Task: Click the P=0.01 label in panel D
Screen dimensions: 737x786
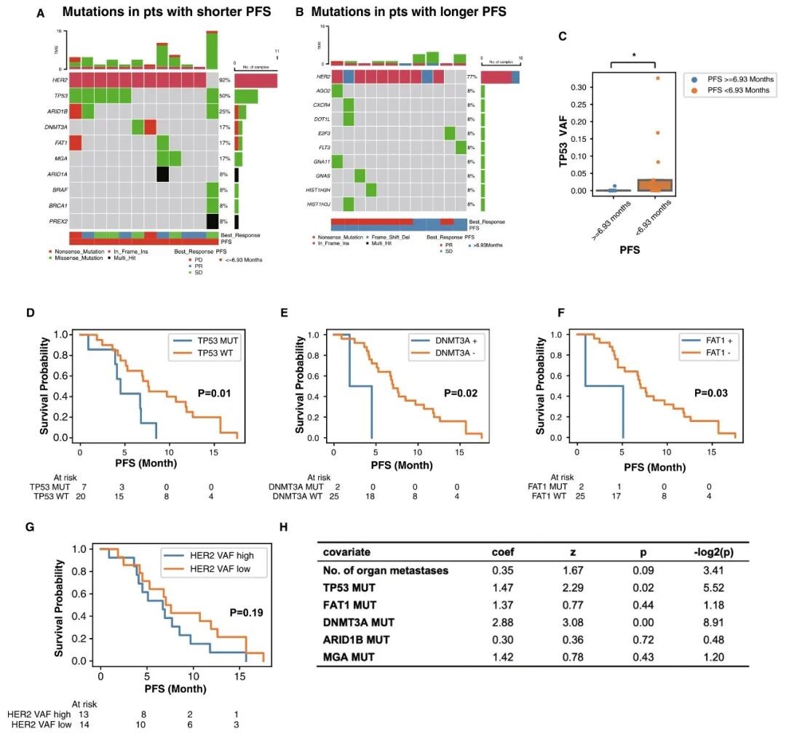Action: tap(215, 394)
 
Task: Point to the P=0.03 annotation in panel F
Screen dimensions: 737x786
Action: tap(710, 394)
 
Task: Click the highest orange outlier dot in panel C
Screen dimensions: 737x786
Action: tap(657, 78)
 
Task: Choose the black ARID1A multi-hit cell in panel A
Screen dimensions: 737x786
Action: tap(163, 175)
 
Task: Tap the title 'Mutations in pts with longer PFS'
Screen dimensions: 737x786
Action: tap(408, 12)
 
